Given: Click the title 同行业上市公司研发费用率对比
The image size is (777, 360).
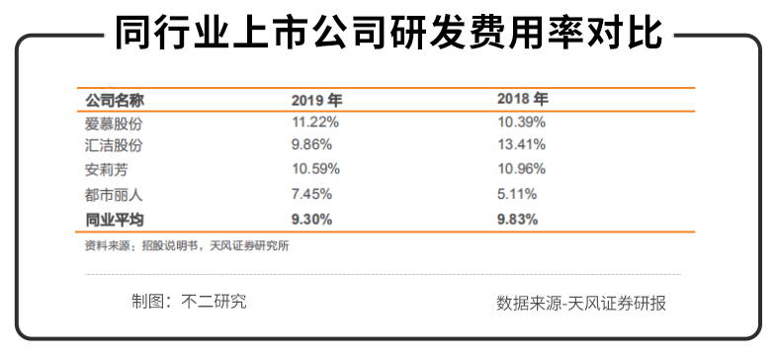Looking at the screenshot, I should click(x=388, y=37).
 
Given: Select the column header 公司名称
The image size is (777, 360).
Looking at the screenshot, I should click(x=115, y=101).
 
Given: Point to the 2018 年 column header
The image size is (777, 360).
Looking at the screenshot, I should click(x=521, y=100).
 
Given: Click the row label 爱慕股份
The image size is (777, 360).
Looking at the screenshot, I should click(x=115, y=123).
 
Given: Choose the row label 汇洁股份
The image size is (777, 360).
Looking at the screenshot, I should click(x=115, y=145).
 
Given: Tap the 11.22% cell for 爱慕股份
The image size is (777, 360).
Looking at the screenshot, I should click(x=315, y=123).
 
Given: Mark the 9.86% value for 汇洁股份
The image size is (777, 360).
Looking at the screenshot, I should click(x=311, y=145).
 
